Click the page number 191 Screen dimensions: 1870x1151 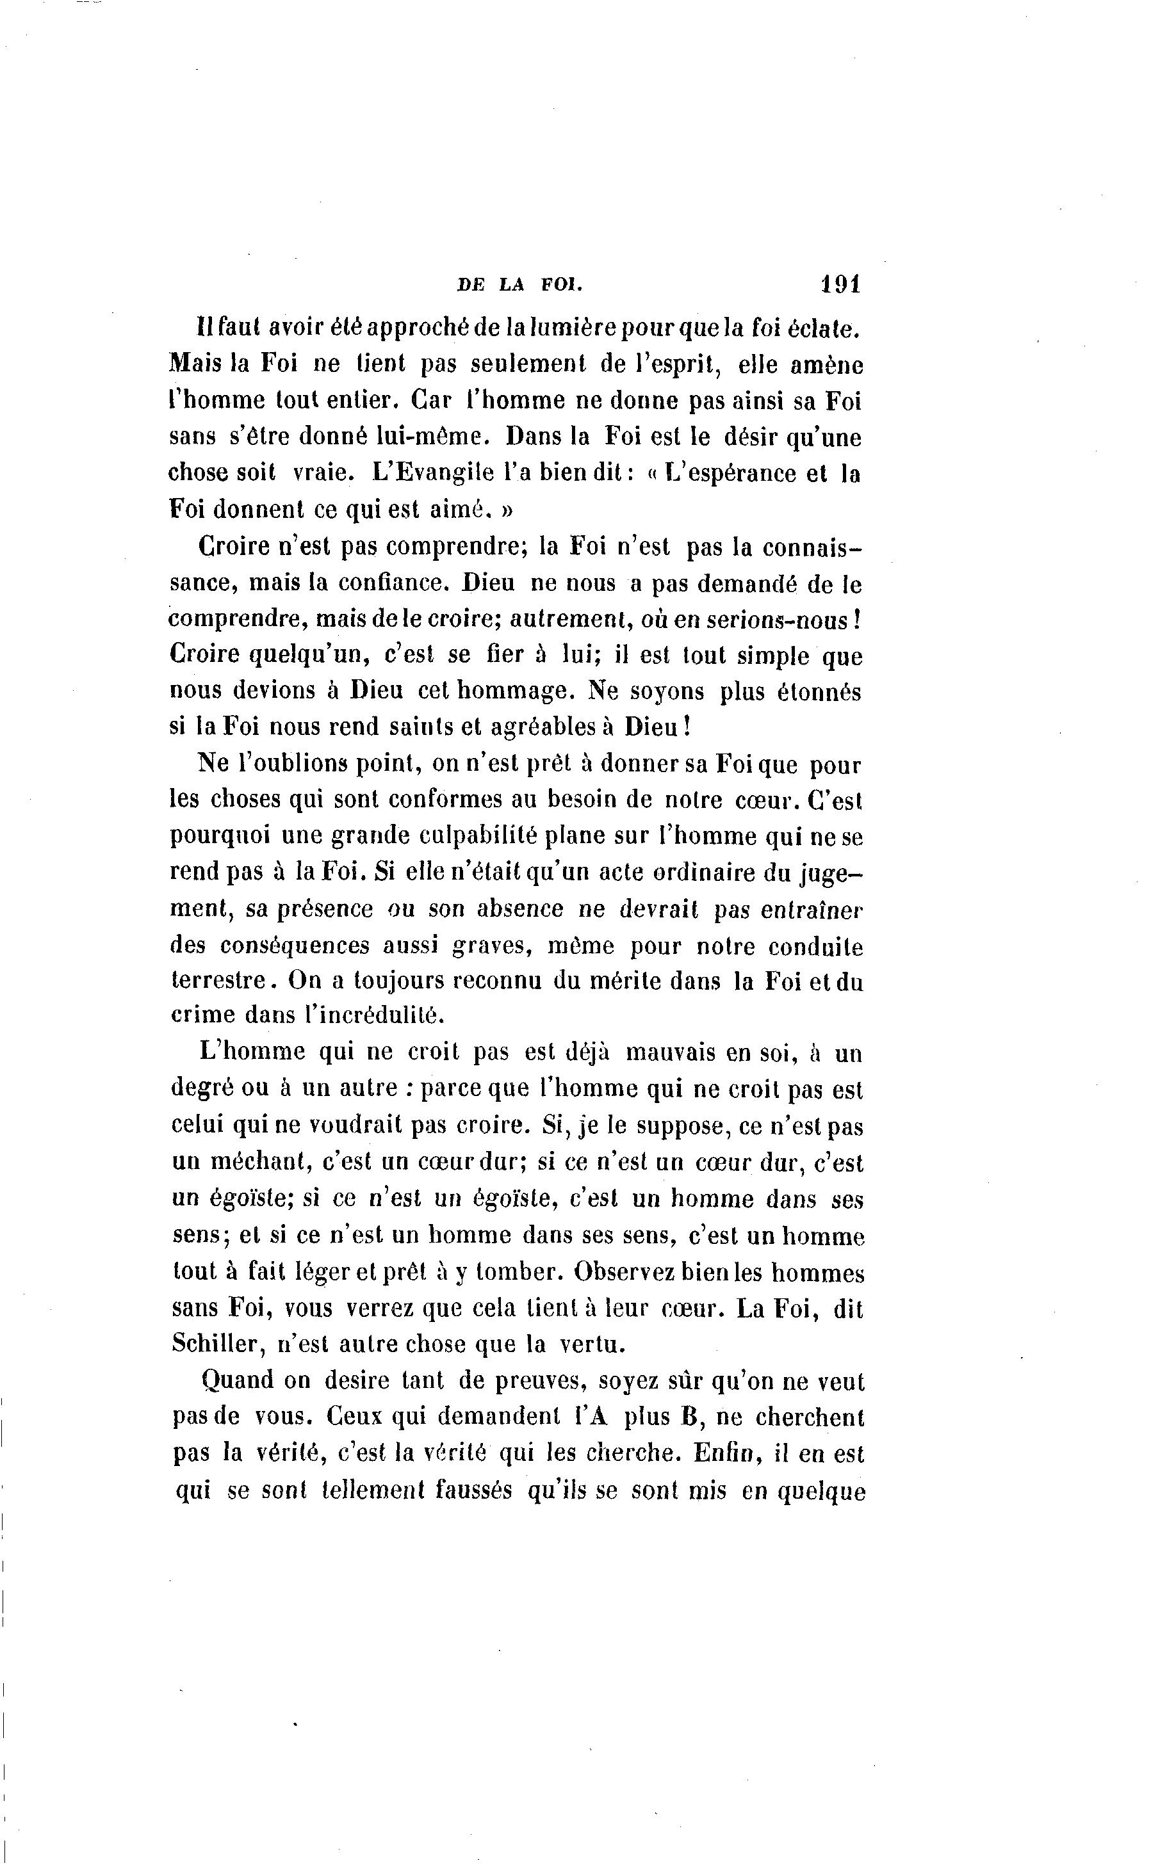coord(840,284)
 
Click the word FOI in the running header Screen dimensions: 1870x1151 coord(561,286)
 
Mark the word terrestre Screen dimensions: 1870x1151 coord(216,981)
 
